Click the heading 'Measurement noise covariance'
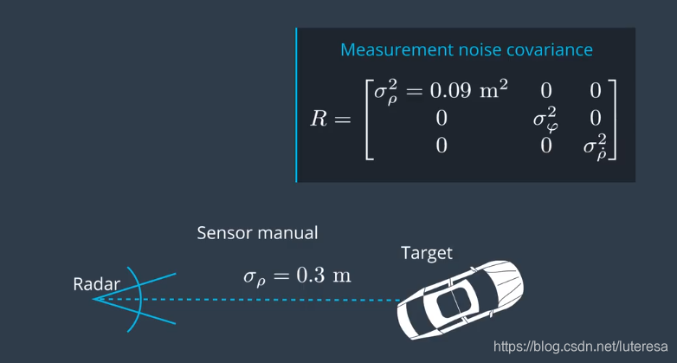[467, 49]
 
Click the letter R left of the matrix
[318, 119]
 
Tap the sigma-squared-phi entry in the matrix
[545, 119]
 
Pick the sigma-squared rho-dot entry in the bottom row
[595, 145]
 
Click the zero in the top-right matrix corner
[596, 91]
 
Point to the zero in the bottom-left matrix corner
[441, 146]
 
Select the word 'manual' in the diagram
[287, 233]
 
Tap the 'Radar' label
[97, 284]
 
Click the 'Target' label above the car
[427, 253]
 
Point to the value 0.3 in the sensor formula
[310, 275]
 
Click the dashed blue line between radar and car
[246, 300]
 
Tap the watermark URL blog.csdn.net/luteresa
[580, 347]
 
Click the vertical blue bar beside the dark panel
[296, 105]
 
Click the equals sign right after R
[342, 120]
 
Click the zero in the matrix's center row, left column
[441, 119]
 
